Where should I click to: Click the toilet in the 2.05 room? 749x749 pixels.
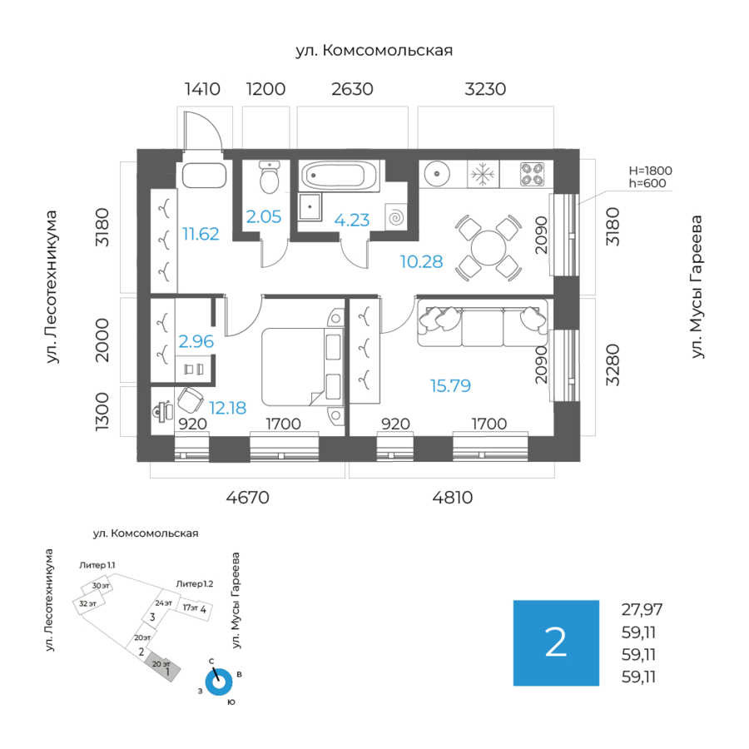[x=269, y=176]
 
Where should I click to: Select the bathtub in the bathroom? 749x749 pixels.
[x=340, y=176]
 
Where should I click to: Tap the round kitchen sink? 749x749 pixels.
[x=438, y=175]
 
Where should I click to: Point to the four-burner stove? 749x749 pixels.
[x=532, y=175]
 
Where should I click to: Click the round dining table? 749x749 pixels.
[x=487, y=247]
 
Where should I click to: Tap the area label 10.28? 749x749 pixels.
[x=420, y=262]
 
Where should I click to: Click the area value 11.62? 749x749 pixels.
[x=201, y=234]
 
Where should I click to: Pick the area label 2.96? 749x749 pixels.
[x=196, y=340]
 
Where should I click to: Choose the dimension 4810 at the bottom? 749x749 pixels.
[x=453, y=499]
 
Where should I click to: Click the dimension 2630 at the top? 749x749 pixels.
[x=351, y=89]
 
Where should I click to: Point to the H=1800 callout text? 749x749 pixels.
[x=650, y=171]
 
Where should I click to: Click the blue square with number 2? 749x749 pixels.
[x=555, y=642]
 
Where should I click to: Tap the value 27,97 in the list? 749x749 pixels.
[x=642, y=608]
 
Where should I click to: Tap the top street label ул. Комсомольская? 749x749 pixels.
[x=374, y=51]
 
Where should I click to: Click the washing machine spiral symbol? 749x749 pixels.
[x=396, y=217]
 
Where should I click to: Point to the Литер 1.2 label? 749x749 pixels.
[x=194, y=584]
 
